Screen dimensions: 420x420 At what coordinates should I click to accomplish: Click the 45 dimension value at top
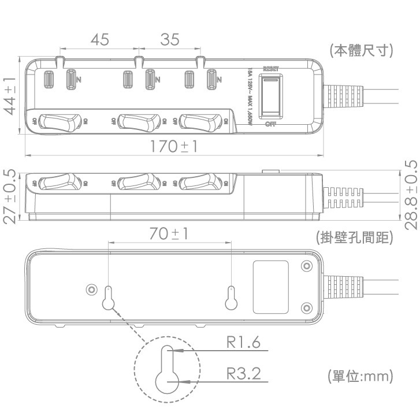click(x=99, y=40)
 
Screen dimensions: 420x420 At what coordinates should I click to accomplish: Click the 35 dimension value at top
click(x=170, y=40)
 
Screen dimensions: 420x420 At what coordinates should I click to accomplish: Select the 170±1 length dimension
click(x=174, y=147)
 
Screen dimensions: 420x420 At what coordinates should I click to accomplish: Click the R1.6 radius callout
click(x=243, y=343)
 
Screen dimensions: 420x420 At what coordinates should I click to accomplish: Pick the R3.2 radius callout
click(x=243, y=374)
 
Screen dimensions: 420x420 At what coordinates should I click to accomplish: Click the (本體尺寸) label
click(x=361, y=51)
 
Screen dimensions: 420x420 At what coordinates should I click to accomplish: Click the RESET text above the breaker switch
click(x=270, y=69)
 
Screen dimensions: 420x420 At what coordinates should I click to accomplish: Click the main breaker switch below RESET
click(x=270, y=95)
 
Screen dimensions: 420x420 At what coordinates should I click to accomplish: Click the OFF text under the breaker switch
click(x=270, y=124)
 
